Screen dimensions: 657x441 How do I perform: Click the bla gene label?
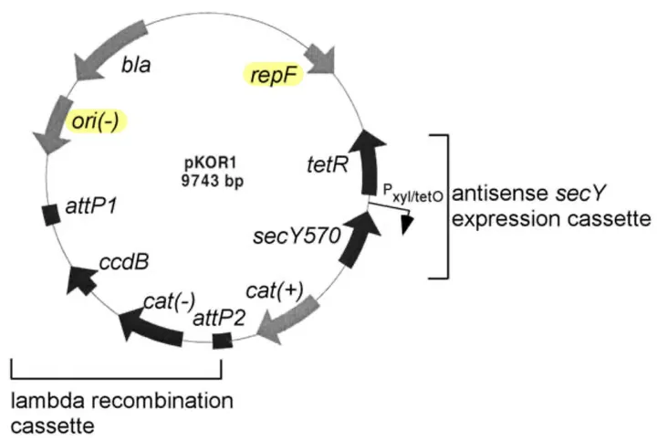click(136, 65)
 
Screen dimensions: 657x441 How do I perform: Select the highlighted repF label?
click(274, 75)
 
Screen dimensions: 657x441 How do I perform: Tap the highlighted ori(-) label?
click(96, 121)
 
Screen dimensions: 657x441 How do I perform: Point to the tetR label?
click(328, 164)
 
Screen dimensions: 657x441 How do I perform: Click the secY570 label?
click(297, 236)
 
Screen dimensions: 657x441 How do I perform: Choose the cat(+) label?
click(275, 290)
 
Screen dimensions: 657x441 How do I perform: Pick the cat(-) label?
click(170, 301)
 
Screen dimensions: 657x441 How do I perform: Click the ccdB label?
click(124, 262)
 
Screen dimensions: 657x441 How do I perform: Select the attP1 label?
click(91, 205)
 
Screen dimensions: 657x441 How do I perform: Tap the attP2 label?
click(219, 319)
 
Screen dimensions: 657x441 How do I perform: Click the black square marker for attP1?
click(51, 215)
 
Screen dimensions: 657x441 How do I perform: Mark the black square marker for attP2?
click(222, 341)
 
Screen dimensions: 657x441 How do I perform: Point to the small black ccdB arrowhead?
click(82, 279)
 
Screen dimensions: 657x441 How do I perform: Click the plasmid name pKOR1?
click(211, 163)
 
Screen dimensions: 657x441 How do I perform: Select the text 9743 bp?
click(213, 181)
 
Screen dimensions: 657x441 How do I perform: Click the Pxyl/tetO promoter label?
click(413, 193)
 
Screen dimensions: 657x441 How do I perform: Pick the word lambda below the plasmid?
click(48, 401)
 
